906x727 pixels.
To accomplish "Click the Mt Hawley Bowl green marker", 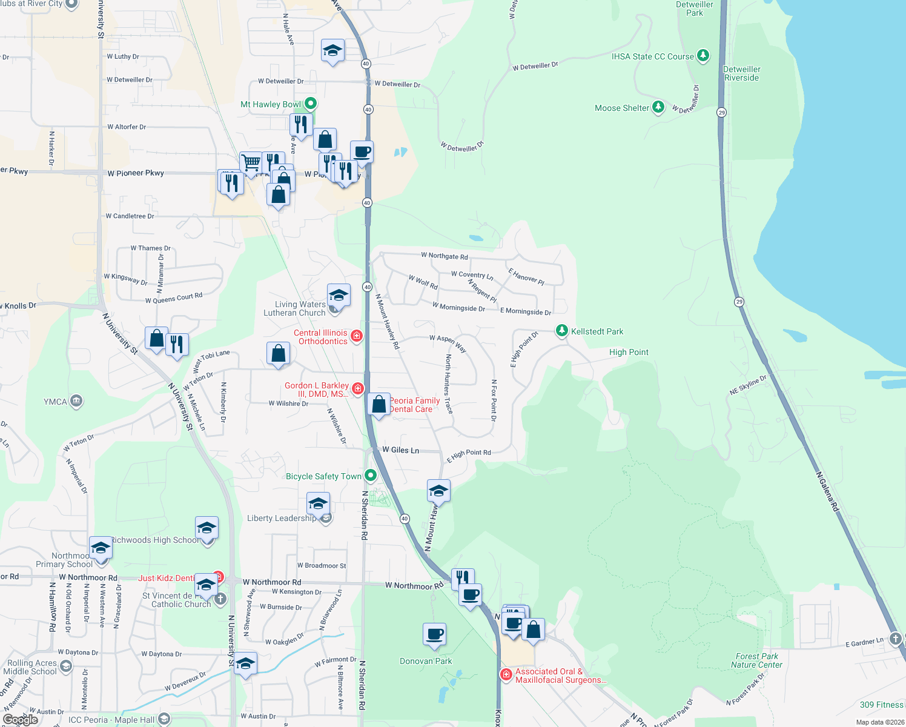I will [310, 104].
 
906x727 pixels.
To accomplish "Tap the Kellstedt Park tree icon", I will [562, 331].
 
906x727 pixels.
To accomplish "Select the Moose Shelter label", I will [622, 108].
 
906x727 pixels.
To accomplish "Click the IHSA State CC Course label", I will [652, 56].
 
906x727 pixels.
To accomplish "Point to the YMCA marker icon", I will [76, 401].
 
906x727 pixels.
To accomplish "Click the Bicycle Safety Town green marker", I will [371, 476].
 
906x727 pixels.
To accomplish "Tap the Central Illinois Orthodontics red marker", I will [357, 336].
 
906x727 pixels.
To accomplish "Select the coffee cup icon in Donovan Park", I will [434, 634].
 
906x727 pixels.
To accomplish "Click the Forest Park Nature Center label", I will [756, 660].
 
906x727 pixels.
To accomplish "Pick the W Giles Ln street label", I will [400, 450].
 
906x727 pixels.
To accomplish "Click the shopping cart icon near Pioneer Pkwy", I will [251, 162].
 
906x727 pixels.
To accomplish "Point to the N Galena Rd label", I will [827, 492].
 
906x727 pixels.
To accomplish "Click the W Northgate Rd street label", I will [445, 256].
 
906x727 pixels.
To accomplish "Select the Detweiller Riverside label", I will [742, 73].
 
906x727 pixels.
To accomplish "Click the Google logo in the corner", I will [21, 719].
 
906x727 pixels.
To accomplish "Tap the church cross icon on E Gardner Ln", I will [895, 639].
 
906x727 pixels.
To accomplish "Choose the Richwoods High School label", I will [154, 540].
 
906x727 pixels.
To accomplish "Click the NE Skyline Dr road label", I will [748, 385].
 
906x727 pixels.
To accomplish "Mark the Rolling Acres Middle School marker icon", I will [66, 666].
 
